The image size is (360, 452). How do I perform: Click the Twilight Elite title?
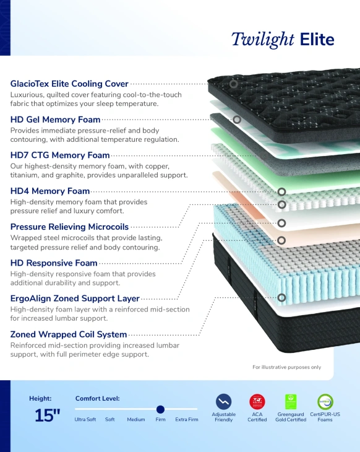[x=283, y=40]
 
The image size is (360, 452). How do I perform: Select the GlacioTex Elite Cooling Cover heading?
[x=69, y=84]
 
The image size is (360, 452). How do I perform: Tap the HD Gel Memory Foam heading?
[x=55, y=120]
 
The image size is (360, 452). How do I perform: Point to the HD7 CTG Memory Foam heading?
[x=60, y=155]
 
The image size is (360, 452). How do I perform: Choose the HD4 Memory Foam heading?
[x=50, y=191]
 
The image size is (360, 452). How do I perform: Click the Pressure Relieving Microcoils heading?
[x=69, y=227]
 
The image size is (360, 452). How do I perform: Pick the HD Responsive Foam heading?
[x=54, y=263]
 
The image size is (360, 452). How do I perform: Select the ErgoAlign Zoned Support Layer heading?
[x=75, y=298]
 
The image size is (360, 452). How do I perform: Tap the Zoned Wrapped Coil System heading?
[x=69, y=334]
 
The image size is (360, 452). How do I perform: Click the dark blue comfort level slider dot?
[x=160, y=409]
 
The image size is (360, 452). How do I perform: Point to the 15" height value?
[x=47, y=415]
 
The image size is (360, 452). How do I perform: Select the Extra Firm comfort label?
[x=187, y=419]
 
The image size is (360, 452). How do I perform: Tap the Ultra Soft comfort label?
[x=85, y=419]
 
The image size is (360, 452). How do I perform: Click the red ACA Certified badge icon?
[x=257, y=402]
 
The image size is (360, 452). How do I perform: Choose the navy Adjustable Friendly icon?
[x=223, y=402]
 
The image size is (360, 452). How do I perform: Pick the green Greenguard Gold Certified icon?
[x=291, y=402]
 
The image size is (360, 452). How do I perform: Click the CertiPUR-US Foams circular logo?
[x=325, y=402]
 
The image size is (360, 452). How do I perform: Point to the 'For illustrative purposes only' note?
[x=287, y=367]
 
